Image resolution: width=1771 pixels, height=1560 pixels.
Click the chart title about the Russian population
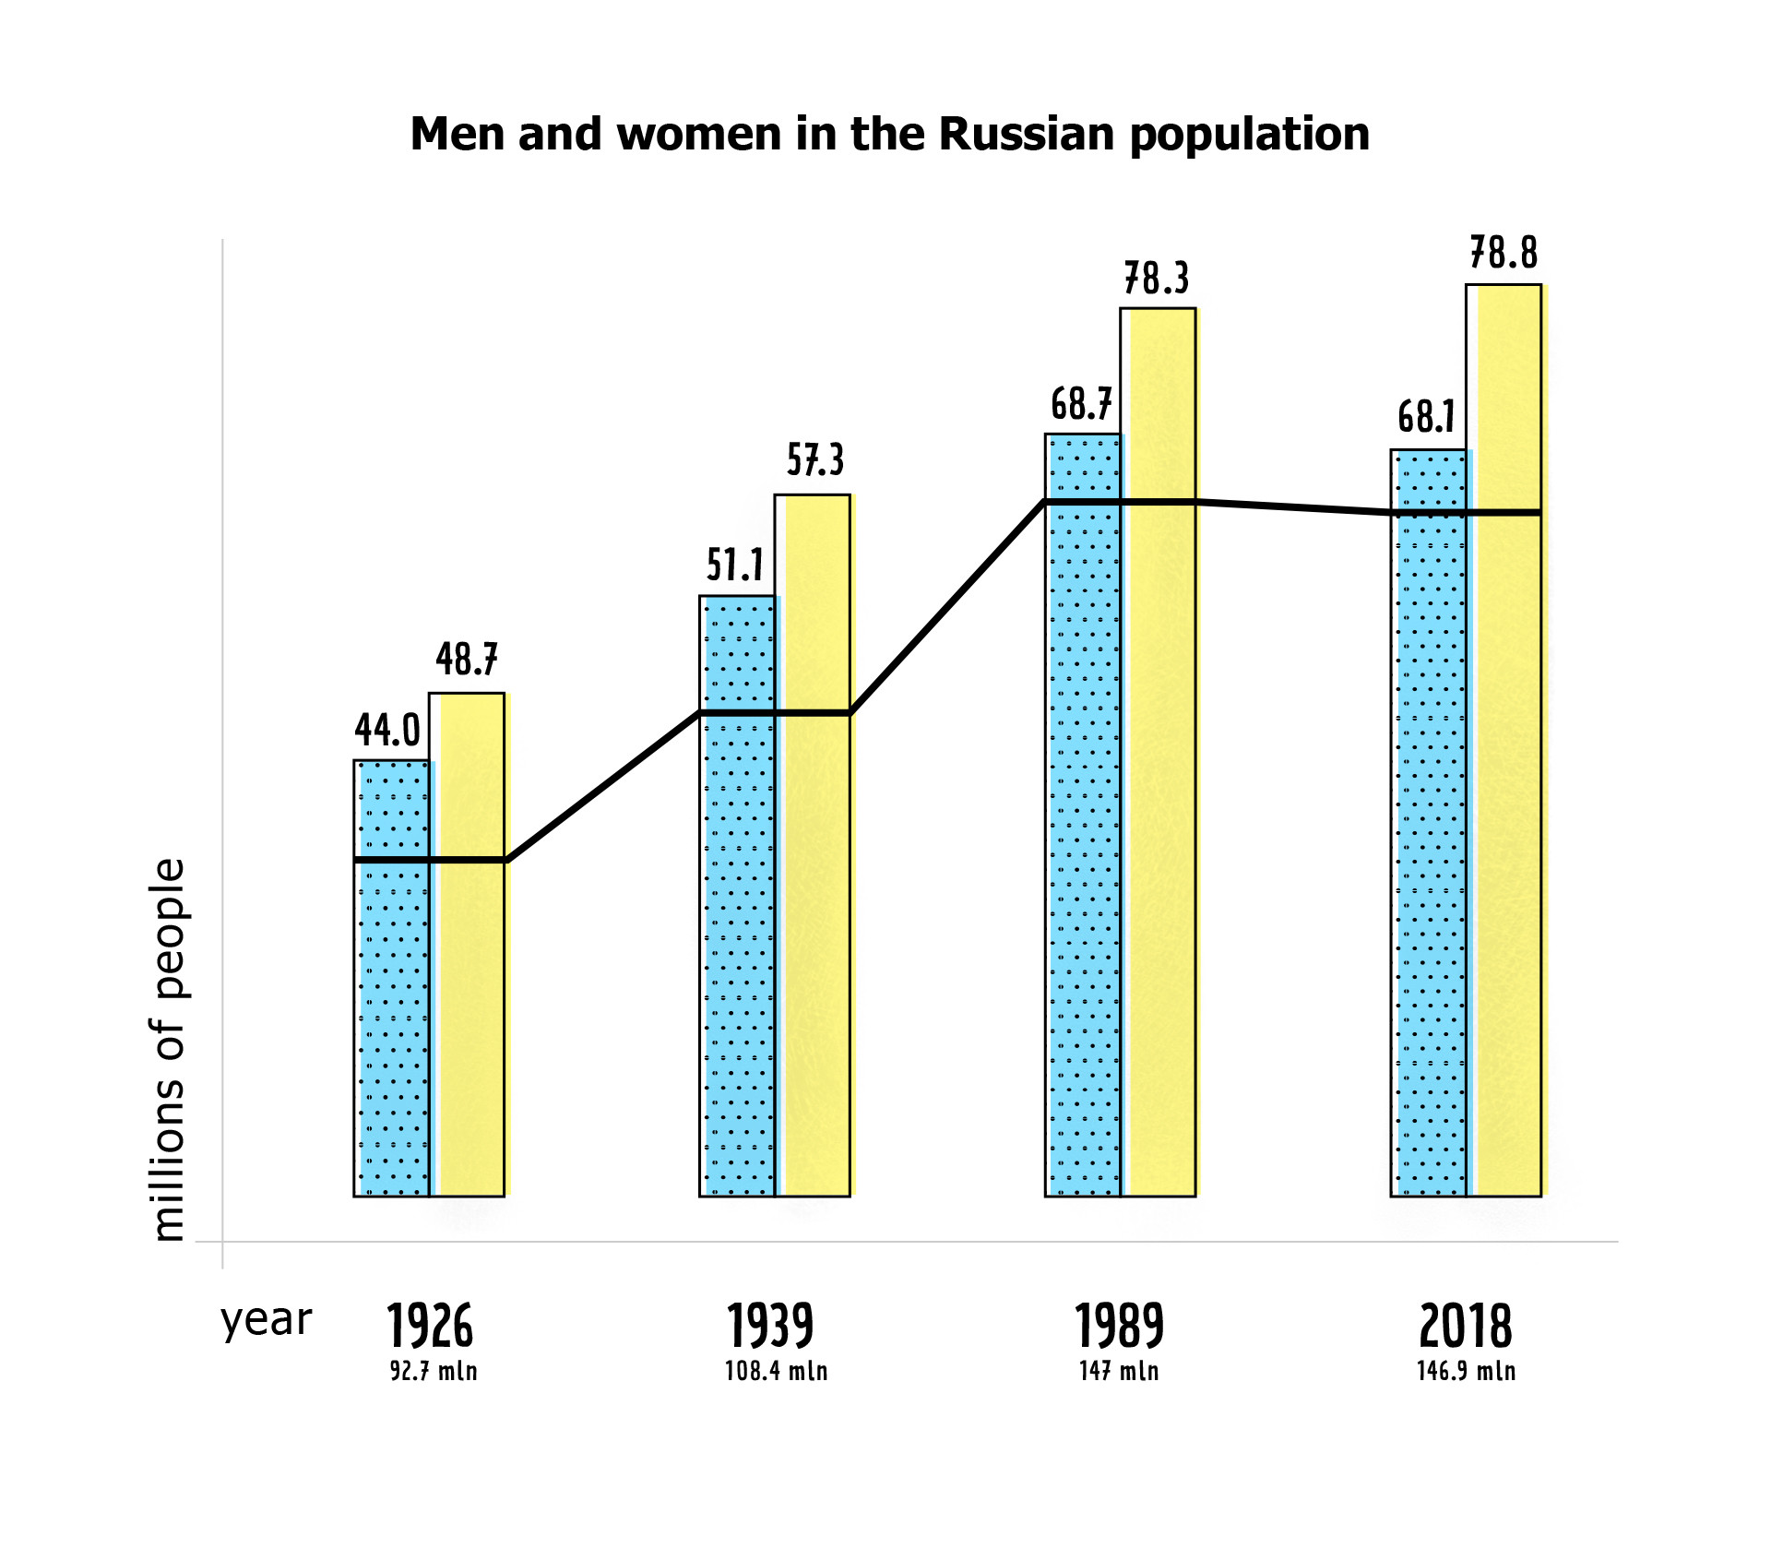coord(889,135)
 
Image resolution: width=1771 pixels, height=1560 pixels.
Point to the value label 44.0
coord(387,731)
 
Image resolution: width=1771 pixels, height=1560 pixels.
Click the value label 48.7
coord(467,660)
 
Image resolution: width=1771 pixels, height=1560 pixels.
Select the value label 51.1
coord(735,565)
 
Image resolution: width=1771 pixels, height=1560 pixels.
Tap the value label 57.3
coord(815,459)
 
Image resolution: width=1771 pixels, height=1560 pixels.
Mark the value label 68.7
coord(1081,404)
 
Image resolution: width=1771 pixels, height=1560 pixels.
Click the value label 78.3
coord(1157,279)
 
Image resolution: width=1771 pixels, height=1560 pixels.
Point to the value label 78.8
coord(1504,253)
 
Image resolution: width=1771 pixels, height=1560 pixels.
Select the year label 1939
coord(770,1327)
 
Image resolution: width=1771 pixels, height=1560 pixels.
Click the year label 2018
coord(1465,1327)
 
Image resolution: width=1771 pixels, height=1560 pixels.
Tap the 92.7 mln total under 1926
coord(434,1371)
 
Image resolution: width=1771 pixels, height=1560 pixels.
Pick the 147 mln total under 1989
coord(1119,1371)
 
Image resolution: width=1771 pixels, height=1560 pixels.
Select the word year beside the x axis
coord(267,1320)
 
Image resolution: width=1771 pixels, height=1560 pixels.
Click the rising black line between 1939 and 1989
coord(947,607)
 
